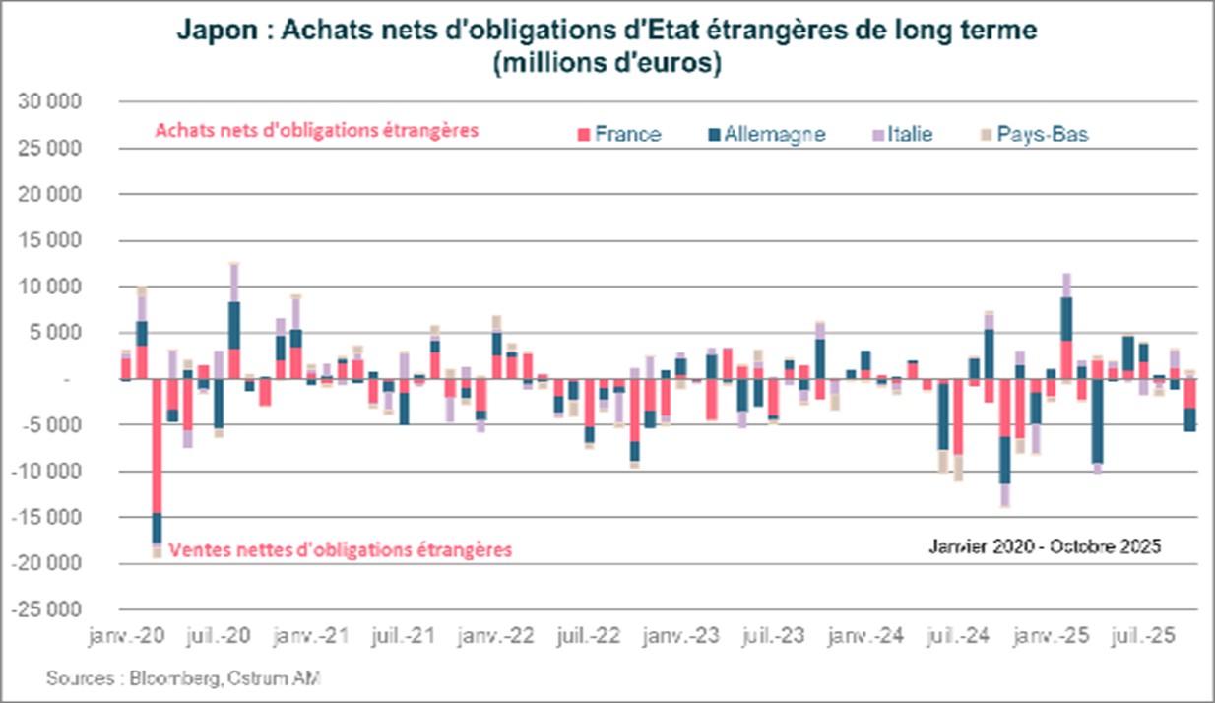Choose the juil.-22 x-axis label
click(588, 638)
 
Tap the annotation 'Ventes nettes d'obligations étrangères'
click(342, 550)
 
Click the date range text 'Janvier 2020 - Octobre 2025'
click(1047, 545)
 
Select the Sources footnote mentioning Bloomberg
click(183, 678)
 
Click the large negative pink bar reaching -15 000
click(157, 448)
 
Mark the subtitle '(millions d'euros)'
click(607, 65)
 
